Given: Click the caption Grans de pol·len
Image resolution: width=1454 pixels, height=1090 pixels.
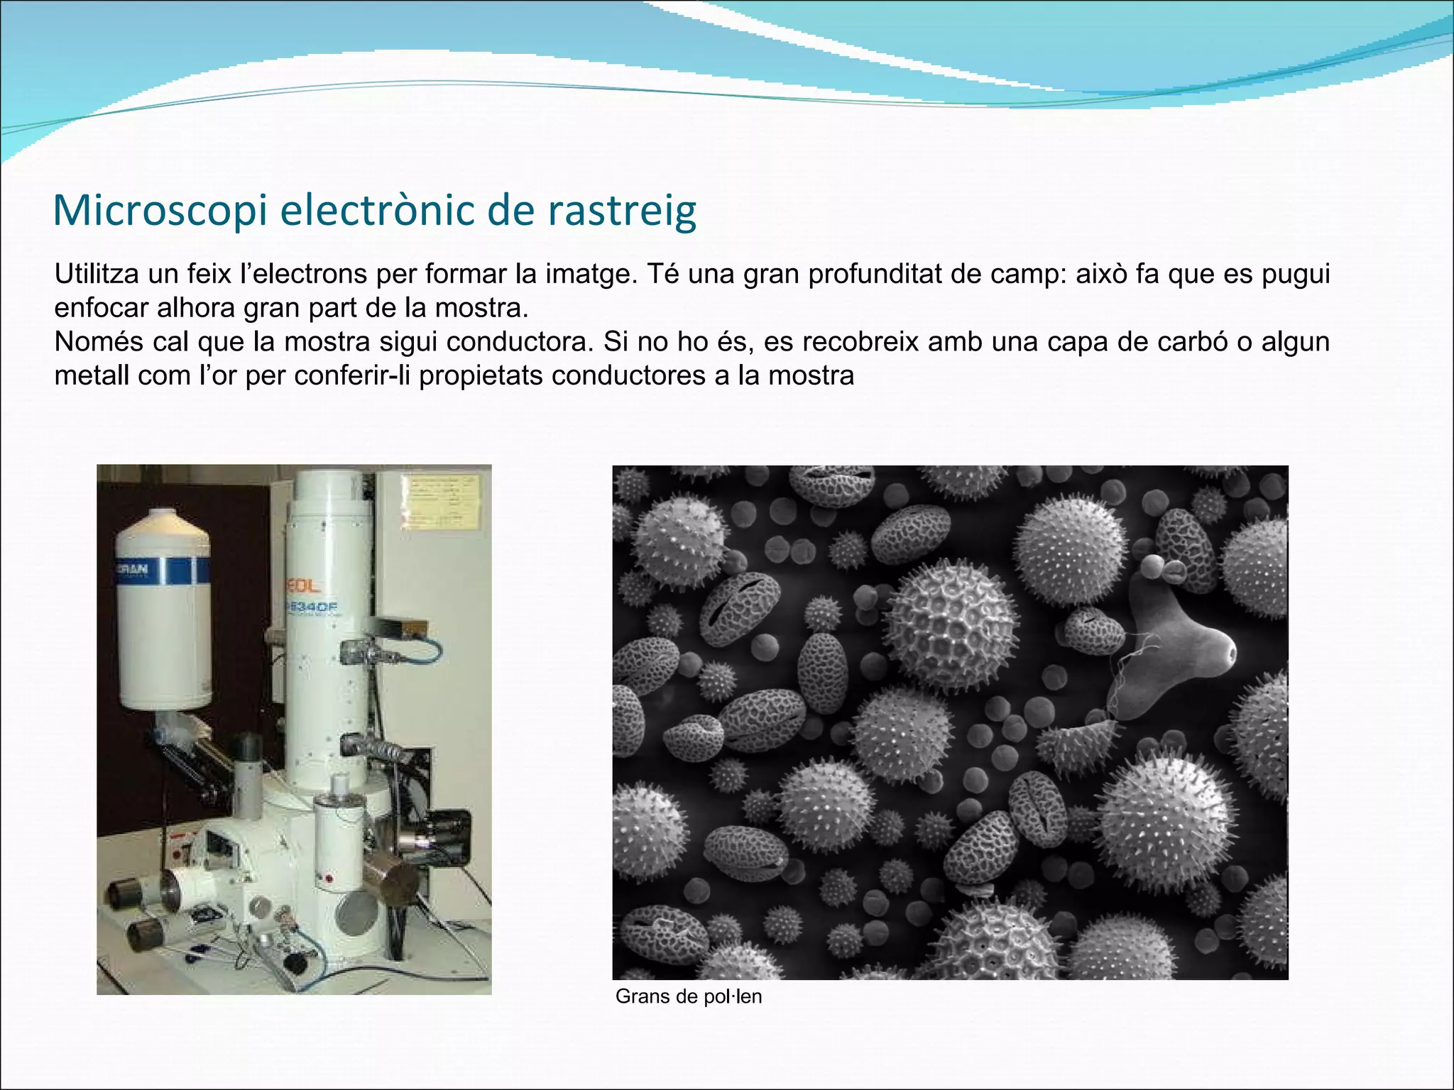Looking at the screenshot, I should pos(688,996).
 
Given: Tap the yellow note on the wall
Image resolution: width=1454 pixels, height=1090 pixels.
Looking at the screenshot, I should pos(442,502).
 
